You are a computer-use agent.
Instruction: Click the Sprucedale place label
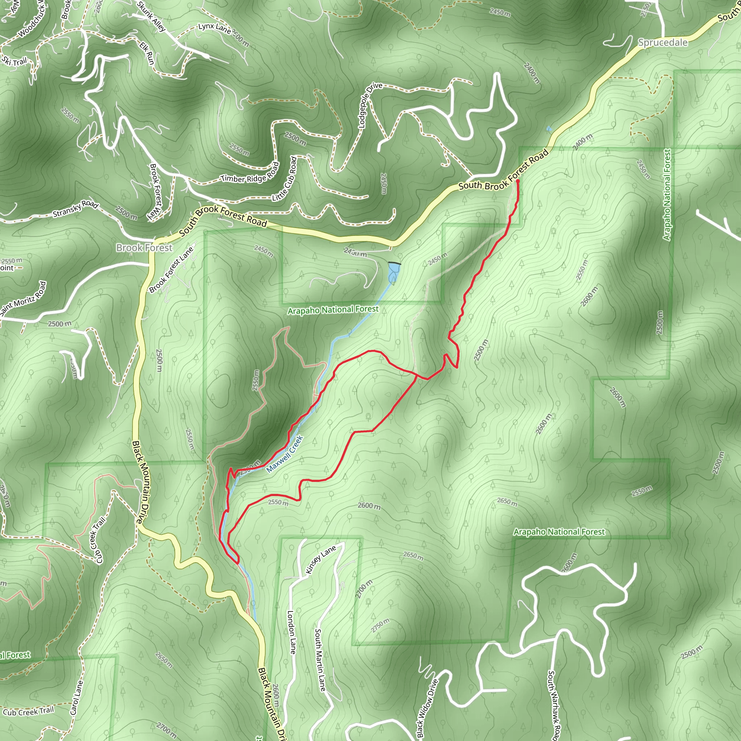662,43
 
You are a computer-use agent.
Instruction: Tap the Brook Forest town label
144,248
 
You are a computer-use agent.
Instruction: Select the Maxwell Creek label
285,454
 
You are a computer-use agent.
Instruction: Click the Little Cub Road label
285,179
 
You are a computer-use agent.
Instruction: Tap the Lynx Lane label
215,27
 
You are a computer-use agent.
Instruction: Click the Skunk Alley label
151,16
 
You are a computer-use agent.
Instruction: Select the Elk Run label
147,53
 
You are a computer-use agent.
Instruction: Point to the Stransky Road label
75,208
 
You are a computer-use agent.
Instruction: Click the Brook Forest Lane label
171,270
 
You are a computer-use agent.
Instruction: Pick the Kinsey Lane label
321,559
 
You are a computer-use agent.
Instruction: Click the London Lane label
292,632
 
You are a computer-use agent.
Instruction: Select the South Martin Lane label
319,660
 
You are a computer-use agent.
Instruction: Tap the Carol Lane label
76,697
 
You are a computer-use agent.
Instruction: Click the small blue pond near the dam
394,273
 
